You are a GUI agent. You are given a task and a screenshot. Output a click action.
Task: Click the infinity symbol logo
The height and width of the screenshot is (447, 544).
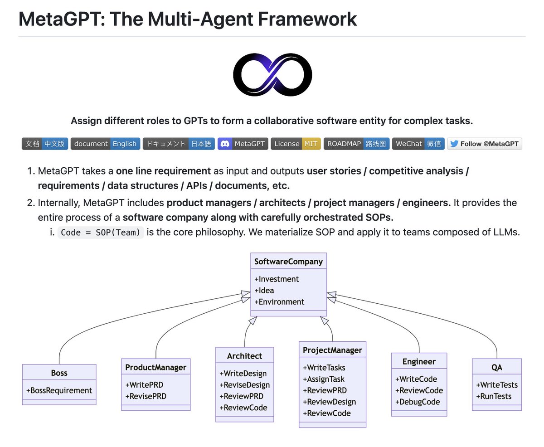pos(272,74)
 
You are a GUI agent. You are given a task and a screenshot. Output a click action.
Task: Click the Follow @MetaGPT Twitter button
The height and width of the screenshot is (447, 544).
pos(485,144)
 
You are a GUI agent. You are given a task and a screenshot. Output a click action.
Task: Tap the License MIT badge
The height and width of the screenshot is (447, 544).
pos(296,144)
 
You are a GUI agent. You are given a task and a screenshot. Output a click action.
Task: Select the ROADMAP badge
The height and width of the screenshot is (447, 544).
pos(356,144)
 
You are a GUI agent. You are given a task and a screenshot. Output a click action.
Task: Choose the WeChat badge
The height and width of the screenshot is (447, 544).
pos(418,144)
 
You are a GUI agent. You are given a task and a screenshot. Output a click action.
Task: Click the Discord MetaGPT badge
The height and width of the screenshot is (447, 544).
pos(243,144)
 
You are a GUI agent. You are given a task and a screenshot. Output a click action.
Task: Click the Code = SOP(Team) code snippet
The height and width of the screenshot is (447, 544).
pos(101,233)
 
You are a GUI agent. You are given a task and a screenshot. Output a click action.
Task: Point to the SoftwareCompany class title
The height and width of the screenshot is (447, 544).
pos(288,261)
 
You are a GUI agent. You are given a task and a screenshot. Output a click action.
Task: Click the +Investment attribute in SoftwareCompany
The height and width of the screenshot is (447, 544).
pos(277,279)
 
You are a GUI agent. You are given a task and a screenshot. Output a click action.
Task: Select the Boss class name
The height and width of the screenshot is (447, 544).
pos(59,373)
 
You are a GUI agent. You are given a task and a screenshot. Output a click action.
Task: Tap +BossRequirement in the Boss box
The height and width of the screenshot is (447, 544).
pos(59,390)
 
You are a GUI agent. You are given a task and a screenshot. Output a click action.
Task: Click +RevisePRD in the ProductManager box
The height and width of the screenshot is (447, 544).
pos(146,396)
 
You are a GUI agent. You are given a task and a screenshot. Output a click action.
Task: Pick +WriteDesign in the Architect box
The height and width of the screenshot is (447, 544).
pos(243,374)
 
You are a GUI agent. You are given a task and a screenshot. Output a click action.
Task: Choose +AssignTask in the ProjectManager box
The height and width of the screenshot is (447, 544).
pos(324,379)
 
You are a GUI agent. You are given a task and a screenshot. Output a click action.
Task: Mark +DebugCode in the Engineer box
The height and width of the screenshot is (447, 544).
pos(418,402)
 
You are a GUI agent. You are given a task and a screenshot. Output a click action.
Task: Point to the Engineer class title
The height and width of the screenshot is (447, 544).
pos(419,361)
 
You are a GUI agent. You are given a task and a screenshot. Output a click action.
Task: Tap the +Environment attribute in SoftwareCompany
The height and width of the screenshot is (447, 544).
pos(279,302)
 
